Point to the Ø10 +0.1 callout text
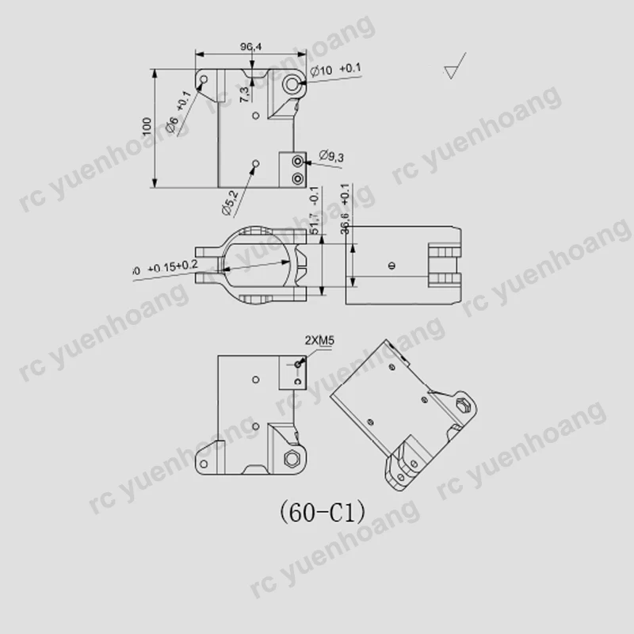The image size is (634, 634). [x=336, y=71]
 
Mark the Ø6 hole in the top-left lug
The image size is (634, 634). [x=204, y=80]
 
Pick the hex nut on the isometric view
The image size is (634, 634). [x=464, y=407]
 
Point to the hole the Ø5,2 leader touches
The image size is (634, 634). [x=254, y=164]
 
